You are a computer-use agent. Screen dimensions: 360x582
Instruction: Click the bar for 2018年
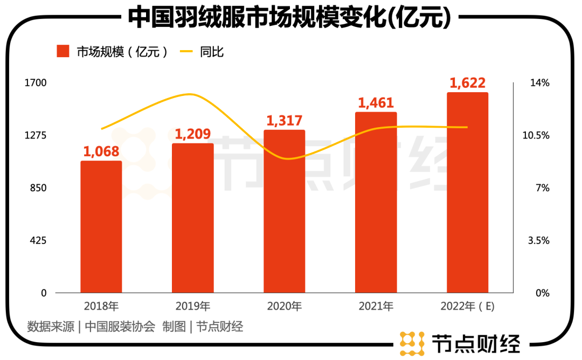pyautogui.click(x=101, y=226)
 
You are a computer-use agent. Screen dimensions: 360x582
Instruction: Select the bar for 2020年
pyautogui.click(x=284, y=211)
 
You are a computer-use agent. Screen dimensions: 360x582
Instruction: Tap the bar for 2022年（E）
pyautogui.click(x=467, y=192)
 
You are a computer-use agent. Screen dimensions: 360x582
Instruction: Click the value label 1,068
pyautogui.click(x=101, y=151)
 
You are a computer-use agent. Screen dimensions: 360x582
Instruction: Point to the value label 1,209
pyautogui.click(x=192, y=134)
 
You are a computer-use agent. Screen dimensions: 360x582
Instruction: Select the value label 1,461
pyautogui.click(x=376, y=102)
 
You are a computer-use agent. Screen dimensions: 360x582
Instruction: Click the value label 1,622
pyautogui.click(x=468, y=82)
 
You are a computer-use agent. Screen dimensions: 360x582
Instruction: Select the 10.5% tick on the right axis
pyautogui.click(x=536, y=135)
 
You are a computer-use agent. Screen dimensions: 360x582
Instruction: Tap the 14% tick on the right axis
pyautogui.click(x=540, y=83)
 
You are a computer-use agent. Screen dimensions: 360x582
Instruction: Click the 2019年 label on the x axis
pyautogui.click(x=192, y=307)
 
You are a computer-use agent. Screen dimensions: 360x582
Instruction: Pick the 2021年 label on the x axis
pyautogui.click(x=376, y=307)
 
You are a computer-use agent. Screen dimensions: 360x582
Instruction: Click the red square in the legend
pyautogui.click(x=64, y=52)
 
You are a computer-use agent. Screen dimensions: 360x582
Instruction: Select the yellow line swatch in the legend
pyautogui.click(x=186, y=52)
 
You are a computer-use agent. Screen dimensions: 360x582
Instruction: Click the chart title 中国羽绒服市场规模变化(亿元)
pyautogui.click(x=289, y=17)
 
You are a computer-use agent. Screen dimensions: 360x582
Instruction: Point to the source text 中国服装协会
pyautogui.click(x=120, y=327)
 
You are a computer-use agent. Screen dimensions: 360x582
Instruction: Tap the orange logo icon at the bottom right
pyautogui.click(x=412, y=343)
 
